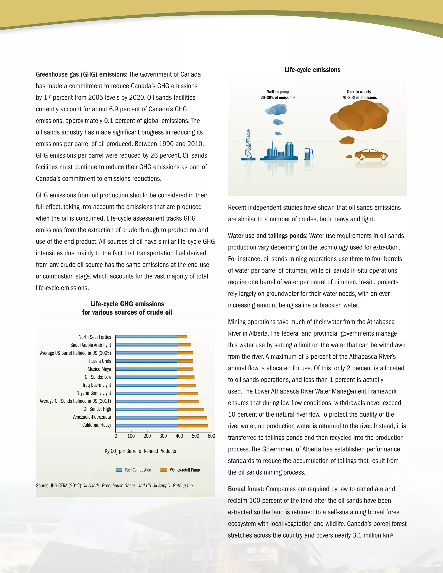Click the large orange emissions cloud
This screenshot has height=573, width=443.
359,116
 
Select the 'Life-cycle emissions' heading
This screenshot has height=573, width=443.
312,70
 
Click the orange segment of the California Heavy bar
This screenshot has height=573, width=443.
193,426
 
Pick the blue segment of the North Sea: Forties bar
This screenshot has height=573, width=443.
146,337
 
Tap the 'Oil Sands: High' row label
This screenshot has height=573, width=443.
97,409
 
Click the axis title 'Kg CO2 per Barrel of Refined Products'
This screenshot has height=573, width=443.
140,451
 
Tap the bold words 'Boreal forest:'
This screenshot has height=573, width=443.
246,489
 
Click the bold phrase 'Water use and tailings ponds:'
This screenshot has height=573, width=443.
267,236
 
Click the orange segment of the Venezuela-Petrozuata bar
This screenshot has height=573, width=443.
192,418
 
